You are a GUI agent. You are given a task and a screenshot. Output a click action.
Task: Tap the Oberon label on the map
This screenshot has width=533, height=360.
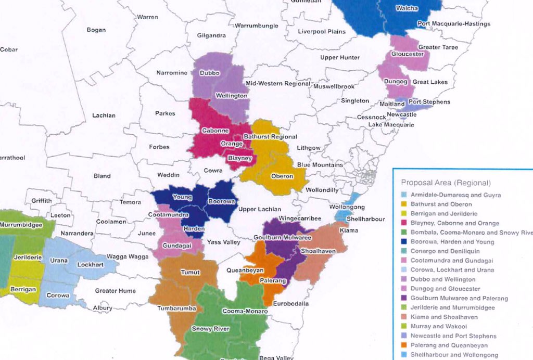(282, 176)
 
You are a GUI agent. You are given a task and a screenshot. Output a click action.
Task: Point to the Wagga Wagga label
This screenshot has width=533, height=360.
(128, 256)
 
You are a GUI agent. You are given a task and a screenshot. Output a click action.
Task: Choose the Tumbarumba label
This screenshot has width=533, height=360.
(176, 308)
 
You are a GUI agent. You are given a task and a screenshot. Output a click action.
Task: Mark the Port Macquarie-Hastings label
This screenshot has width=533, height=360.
(453, 24)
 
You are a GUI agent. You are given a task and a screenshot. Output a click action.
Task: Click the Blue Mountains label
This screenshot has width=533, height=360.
(320, 165)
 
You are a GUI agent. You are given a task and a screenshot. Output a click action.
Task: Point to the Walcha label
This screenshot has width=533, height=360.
(407, 9)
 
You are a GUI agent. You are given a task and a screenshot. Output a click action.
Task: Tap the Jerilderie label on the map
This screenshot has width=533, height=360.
(26, 258)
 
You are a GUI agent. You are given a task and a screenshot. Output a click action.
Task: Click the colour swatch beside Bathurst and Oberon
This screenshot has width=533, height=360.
(405, 204)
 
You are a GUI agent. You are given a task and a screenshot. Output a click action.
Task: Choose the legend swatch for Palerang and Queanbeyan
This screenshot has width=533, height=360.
(405, 345)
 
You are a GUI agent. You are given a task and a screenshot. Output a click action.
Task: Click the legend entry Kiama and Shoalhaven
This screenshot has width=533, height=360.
(443, 317)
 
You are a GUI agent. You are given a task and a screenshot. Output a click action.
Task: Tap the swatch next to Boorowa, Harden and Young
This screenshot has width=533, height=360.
(405, 242)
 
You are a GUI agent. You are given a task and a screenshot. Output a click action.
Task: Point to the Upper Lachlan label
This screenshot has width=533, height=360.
(259, 209)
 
